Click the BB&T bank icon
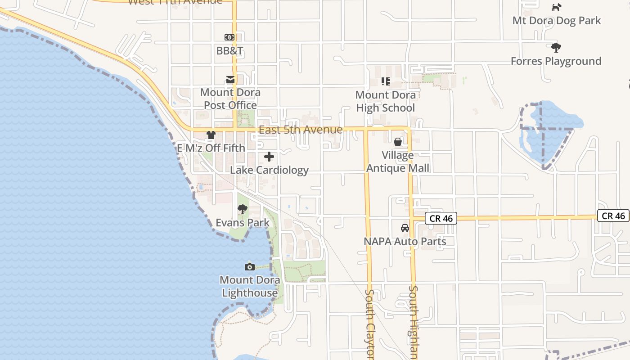229,37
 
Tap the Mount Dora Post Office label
230,99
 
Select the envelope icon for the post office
230,80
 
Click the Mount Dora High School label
385,101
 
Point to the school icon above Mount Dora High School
385,81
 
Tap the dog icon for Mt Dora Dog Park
557,7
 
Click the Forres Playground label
556,61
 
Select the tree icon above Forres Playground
556,47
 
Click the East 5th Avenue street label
301,130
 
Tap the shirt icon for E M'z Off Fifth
211,135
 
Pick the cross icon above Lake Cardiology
269,157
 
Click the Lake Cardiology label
269,170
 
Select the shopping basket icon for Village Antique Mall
398,142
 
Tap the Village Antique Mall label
398,162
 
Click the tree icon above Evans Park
243,209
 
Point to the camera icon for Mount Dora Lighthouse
250,267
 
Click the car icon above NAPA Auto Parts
405,228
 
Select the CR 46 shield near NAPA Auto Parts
441,219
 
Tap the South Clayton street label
369,324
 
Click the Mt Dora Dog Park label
557,21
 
